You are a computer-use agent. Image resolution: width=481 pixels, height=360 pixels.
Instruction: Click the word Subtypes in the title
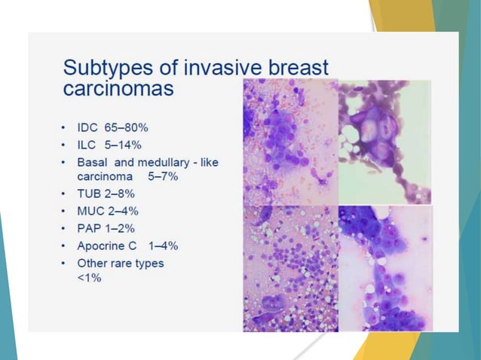101,69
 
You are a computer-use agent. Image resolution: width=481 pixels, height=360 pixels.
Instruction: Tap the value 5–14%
124,144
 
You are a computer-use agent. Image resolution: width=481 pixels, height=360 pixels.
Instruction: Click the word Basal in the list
93,162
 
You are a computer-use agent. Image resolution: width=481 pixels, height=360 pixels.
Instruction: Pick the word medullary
167,162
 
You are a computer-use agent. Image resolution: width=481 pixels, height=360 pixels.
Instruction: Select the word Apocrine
101,246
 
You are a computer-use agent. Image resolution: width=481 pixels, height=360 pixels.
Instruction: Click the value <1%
89,277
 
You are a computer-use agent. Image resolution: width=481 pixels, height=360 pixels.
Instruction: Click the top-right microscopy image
384,142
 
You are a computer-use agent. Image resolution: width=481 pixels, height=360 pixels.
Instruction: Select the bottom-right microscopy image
384,268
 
